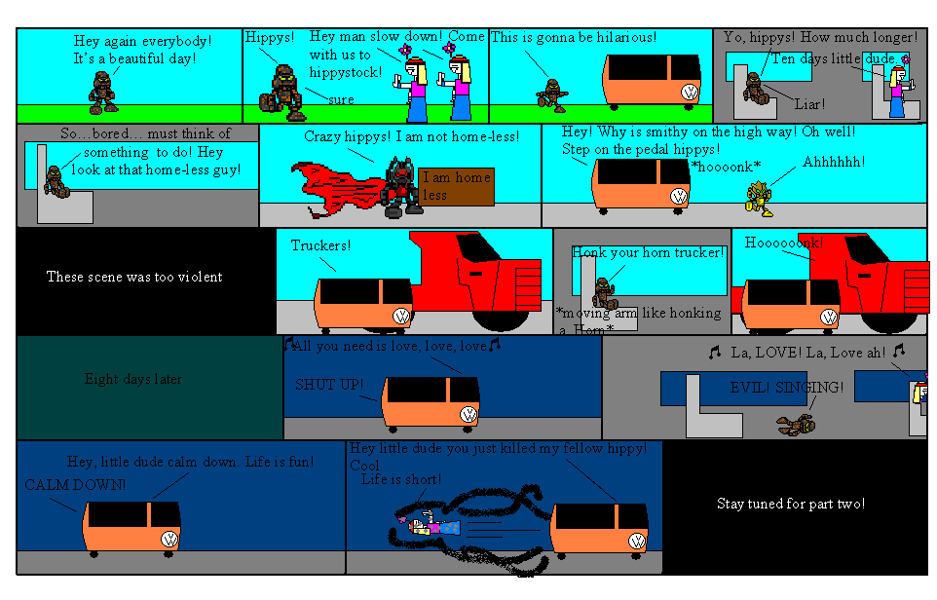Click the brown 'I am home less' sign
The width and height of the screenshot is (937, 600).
[457, 186]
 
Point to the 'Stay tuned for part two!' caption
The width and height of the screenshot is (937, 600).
[791, 504]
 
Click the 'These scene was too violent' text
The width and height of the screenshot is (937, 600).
[134, 277]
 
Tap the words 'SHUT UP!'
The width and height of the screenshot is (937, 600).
[329, 385]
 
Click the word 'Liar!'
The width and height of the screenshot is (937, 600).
[809, 102]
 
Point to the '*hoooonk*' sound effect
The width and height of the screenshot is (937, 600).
[725, 167]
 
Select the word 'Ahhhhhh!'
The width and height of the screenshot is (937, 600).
[834, 161]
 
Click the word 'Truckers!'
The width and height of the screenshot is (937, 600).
[320, 245]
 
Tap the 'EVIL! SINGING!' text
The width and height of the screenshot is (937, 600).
[787, 388]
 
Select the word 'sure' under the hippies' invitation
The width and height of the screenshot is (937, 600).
[341, 99]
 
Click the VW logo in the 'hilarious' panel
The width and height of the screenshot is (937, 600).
[690, 93]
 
